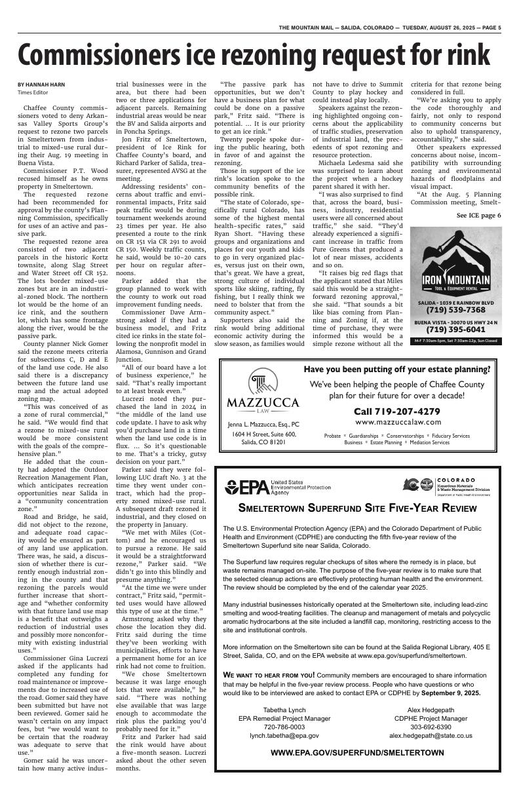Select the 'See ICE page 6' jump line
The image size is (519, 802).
point(478,216)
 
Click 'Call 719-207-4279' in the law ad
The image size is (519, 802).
point(396,411)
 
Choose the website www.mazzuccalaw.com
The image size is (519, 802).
point(397,423)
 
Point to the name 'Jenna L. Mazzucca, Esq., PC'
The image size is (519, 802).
point(263,425)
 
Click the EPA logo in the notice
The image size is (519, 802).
point(246,487)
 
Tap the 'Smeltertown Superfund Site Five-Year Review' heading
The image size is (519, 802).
point(357,508)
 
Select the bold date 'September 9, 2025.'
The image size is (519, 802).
point(450,693)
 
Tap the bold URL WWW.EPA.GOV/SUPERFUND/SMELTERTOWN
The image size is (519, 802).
point(357,754)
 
